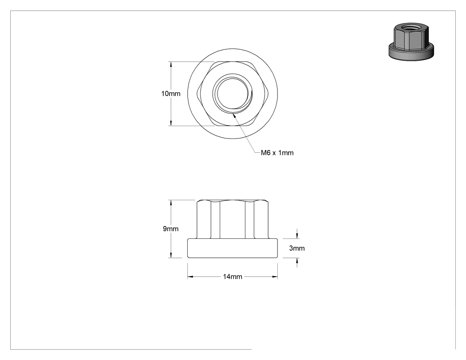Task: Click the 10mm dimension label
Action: [x=170, y=94]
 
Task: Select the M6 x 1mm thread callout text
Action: [x=277, y=153]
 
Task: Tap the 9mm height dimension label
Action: [x=170, y=229]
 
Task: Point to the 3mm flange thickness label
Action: [x=297, y=248]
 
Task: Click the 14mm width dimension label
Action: [x=233, y=277]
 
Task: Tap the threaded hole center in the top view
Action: [x=233, y=93]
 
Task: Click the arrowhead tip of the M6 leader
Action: [x=233, y=114]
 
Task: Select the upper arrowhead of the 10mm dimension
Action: [x=170, y=62]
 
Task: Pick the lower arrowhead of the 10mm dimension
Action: [x=170, y=126]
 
